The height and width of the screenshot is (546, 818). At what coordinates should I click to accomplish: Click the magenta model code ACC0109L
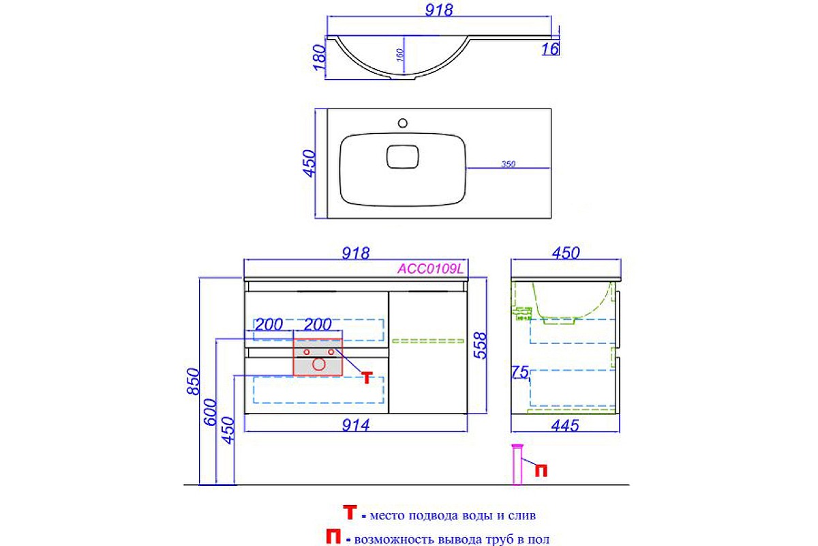(430, 269)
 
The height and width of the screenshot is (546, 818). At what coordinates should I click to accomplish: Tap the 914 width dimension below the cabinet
(356, 425)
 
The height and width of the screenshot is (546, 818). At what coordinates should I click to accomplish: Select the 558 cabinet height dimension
(481, 345)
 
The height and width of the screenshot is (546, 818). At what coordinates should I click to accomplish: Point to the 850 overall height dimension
(194, 382)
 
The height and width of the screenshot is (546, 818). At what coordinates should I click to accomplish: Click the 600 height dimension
(211, 412)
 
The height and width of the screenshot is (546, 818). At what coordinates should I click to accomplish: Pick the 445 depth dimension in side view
(565, 425)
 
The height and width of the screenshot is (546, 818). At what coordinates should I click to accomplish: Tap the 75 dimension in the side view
(520, 372)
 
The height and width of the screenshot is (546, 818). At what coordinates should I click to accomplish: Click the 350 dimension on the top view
(508, 164)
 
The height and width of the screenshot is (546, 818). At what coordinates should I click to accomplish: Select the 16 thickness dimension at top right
(550, 49)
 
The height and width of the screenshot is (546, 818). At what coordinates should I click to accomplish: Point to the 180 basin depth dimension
(320, 57)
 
